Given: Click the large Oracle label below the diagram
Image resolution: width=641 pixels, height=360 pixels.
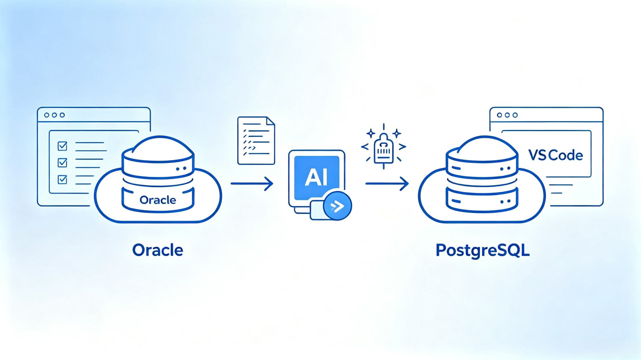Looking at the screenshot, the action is (157, 250).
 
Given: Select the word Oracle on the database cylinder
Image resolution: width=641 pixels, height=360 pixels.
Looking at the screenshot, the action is (158, 200).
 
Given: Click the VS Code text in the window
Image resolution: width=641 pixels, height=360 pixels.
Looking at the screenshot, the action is (556, 155).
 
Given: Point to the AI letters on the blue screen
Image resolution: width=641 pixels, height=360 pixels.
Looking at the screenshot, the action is (316, 177).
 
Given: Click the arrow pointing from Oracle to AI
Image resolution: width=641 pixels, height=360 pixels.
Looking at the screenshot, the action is (252, 184).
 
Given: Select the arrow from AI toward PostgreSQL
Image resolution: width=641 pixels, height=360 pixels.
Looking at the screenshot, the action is (387, 184).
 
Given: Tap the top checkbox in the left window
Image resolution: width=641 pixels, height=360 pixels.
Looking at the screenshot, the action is (63, 146).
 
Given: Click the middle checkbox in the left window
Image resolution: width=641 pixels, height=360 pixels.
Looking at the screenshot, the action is (63, 162).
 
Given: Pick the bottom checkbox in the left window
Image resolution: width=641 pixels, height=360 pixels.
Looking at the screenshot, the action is (63, 179).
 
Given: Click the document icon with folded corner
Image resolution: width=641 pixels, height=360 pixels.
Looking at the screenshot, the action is (256, 141).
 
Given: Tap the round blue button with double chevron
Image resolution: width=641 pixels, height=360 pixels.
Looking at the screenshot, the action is (337, 206).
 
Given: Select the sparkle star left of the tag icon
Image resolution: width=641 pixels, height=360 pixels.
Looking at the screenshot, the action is (371, 133).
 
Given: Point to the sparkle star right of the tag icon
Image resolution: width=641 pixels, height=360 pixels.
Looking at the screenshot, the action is (397, 133).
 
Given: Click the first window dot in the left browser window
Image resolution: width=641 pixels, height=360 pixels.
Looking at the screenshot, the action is (46, 115).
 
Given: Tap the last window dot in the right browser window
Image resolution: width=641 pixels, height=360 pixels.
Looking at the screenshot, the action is (515, 115).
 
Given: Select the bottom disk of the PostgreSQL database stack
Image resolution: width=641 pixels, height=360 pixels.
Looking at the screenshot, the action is (482, 200).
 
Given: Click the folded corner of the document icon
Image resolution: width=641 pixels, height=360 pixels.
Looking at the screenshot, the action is (270, 121).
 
